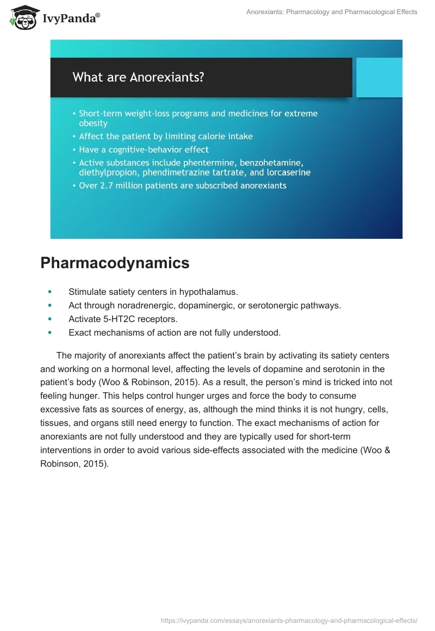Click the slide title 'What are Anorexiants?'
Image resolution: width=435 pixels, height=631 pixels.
click(138, 77)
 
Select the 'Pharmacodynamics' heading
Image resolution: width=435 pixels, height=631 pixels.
click(115, 263)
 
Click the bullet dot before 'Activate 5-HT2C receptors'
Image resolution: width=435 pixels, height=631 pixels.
click(51, 319)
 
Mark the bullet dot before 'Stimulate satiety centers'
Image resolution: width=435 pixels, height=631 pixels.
click(51, 292)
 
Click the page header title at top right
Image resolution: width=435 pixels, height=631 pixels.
click(332, 11)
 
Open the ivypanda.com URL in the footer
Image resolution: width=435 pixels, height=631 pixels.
click(289, 620)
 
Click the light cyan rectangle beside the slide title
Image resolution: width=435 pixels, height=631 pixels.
click(377, 77)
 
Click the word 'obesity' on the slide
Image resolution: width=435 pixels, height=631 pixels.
click(94, 123)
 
